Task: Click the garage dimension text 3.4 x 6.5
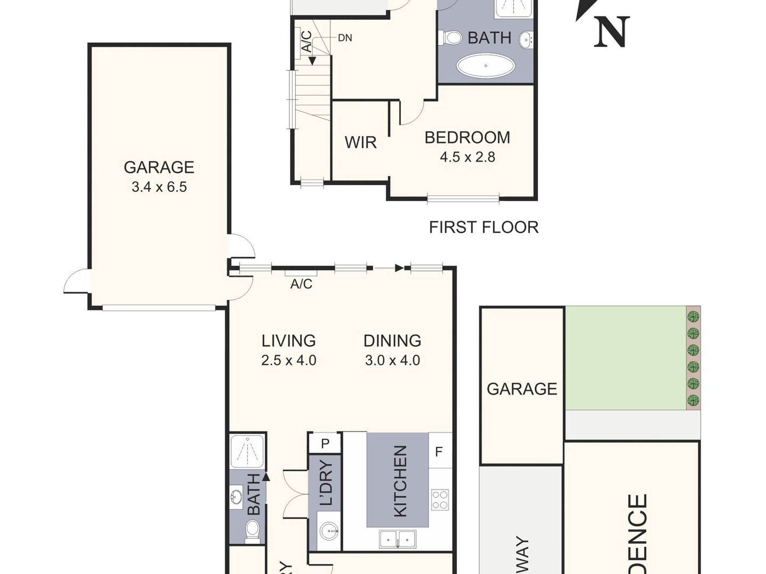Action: pyautogui.click(x=159, y=187)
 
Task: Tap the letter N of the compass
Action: pyautogui.click(x=611, y=32)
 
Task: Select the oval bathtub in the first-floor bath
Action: pyautogui.click(x=486, y=66)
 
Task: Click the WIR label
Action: pyautogui.click(x=360, y=143)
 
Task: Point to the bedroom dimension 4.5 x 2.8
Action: pyautogui.click(x=467, y=157)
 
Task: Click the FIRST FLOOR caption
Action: pyautogui.click(x=483, y=228)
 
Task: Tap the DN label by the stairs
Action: pyautogui.click(x=345, y=38)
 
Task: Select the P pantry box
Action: pyautogui.click(x=325, y=443)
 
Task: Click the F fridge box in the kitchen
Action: pyautogui.click(x=439, y=452)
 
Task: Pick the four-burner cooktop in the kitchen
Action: pyautogui.click(x=440, y=499)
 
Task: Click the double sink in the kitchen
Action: pyautogui.click(x=398, y=539)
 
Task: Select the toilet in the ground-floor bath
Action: pyautogui.click(x=253, y=528)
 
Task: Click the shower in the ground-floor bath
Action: pyautogui.click(x=248, y=451)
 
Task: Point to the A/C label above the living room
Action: pyautogui.click(x=301, y=284)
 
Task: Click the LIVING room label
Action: pyautogui.click(x=288, y=341)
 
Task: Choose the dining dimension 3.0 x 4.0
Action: pyautogui.click(x=392, y=360)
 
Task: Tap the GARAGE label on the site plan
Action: pyautogui.click(x=522, y=389)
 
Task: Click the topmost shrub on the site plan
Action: pyautogui.click(x=693, y=316)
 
